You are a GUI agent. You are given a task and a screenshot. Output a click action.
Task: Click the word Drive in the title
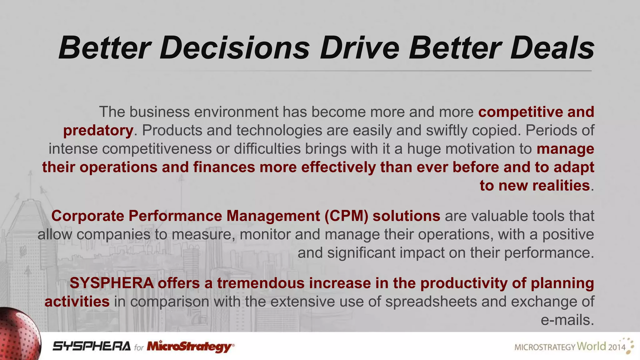click(x=359, y=48)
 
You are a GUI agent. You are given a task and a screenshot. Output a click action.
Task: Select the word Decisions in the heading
click(x=234, y=48)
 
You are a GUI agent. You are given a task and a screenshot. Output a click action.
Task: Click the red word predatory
click(x=98, y=131)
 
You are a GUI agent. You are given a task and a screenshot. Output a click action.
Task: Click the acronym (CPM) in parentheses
click(x=346, y=216)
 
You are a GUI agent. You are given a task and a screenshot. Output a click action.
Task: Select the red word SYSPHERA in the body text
click(x=112, y=283)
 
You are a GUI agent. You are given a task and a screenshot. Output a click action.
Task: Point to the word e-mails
click(x=567, y=320)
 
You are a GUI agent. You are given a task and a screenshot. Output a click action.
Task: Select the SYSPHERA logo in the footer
click(x=92, y=346)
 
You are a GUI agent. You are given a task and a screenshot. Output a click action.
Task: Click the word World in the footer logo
click(x=591, y=346)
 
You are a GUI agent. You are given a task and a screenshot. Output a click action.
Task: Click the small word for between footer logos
click(x=139, y=347)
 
